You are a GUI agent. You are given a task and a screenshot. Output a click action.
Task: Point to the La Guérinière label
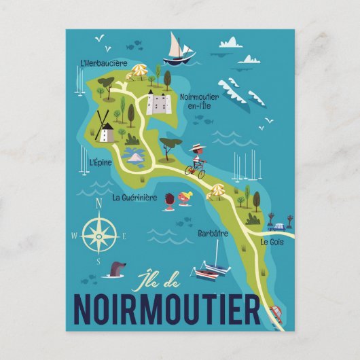(x=134, y=198)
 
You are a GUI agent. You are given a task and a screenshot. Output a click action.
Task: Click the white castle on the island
(x=158, y=103)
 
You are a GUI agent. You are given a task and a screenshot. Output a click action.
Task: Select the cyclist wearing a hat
(x=196, y=162)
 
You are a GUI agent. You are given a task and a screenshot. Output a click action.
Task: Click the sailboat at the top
(x=178, y=50)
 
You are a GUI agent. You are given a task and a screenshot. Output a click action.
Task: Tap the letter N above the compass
(x=99, y=202)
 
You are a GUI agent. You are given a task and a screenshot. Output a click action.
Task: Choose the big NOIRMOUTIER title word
(x=166, y=310)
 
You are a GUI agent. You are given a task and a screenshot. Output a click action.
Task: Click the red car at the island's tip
(x=276, y=314)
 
